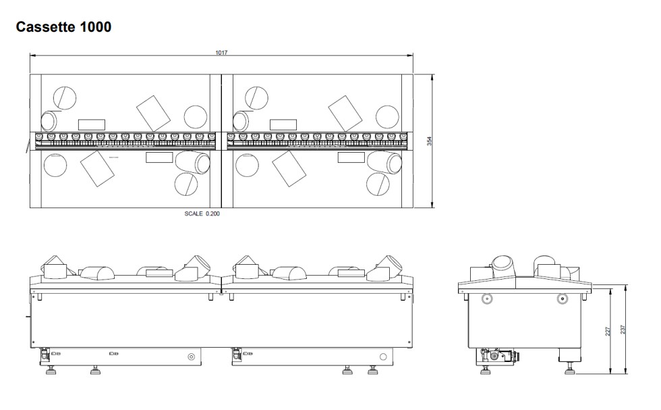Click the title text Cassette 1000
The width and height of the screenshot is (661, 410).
63,27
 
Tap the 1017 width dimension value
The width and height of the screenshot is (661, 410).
221,53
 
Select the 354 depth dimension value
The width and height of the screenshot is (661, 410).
429,141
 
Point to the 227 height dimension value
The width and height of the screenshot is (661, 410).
608,331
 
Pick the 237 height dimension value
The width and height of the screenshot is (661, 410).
623,330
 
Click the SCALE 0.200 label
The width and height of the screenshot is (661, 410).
202,213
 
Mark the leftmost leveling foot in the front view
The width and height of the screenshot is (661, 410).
51,370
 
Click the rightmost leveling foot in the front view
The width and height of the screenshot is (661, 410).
372,370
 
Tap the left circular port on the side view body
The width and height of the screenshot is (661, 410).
487,299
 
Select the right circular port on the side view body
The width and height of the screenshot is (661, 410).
562,299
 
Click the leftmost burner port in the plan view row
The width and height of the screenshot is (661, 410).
39,137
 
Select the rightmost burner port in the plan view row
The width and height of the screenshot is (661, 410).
403,137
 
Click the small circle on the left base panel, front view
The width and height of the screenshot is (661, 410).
191,357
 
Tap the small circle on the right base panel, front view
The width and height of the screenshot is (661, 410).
383,357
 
